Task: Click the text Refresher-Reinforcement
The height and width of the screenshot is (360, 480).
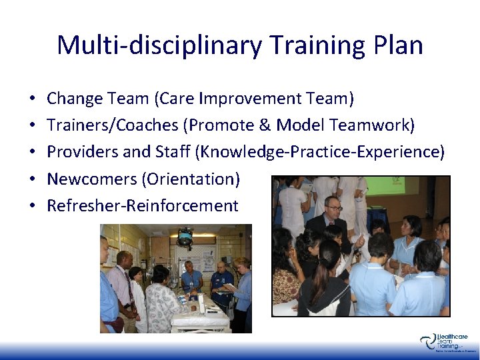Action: (x=142, y=205)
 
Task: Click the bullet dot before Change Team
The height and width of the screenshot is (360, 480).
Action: (x=33, y=99)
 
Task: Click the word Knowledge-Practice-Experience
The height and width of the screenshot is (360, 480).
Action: (x=315, y=152)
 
